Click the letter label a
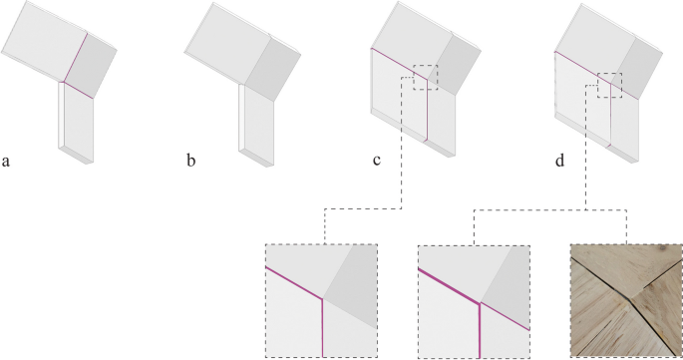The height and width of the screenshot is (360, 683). coord(7,159)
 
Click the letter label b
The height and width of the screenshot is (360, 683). coord(190,159)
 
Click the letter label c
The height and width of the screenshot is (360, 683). coord(372,159)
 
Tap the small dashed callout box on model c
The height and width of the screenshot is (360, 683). coord(425,78)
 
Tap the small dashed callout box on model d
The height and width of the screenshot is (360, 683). coord(609,85)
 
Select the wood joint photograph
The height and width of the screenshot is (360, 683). coord(624,300)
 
